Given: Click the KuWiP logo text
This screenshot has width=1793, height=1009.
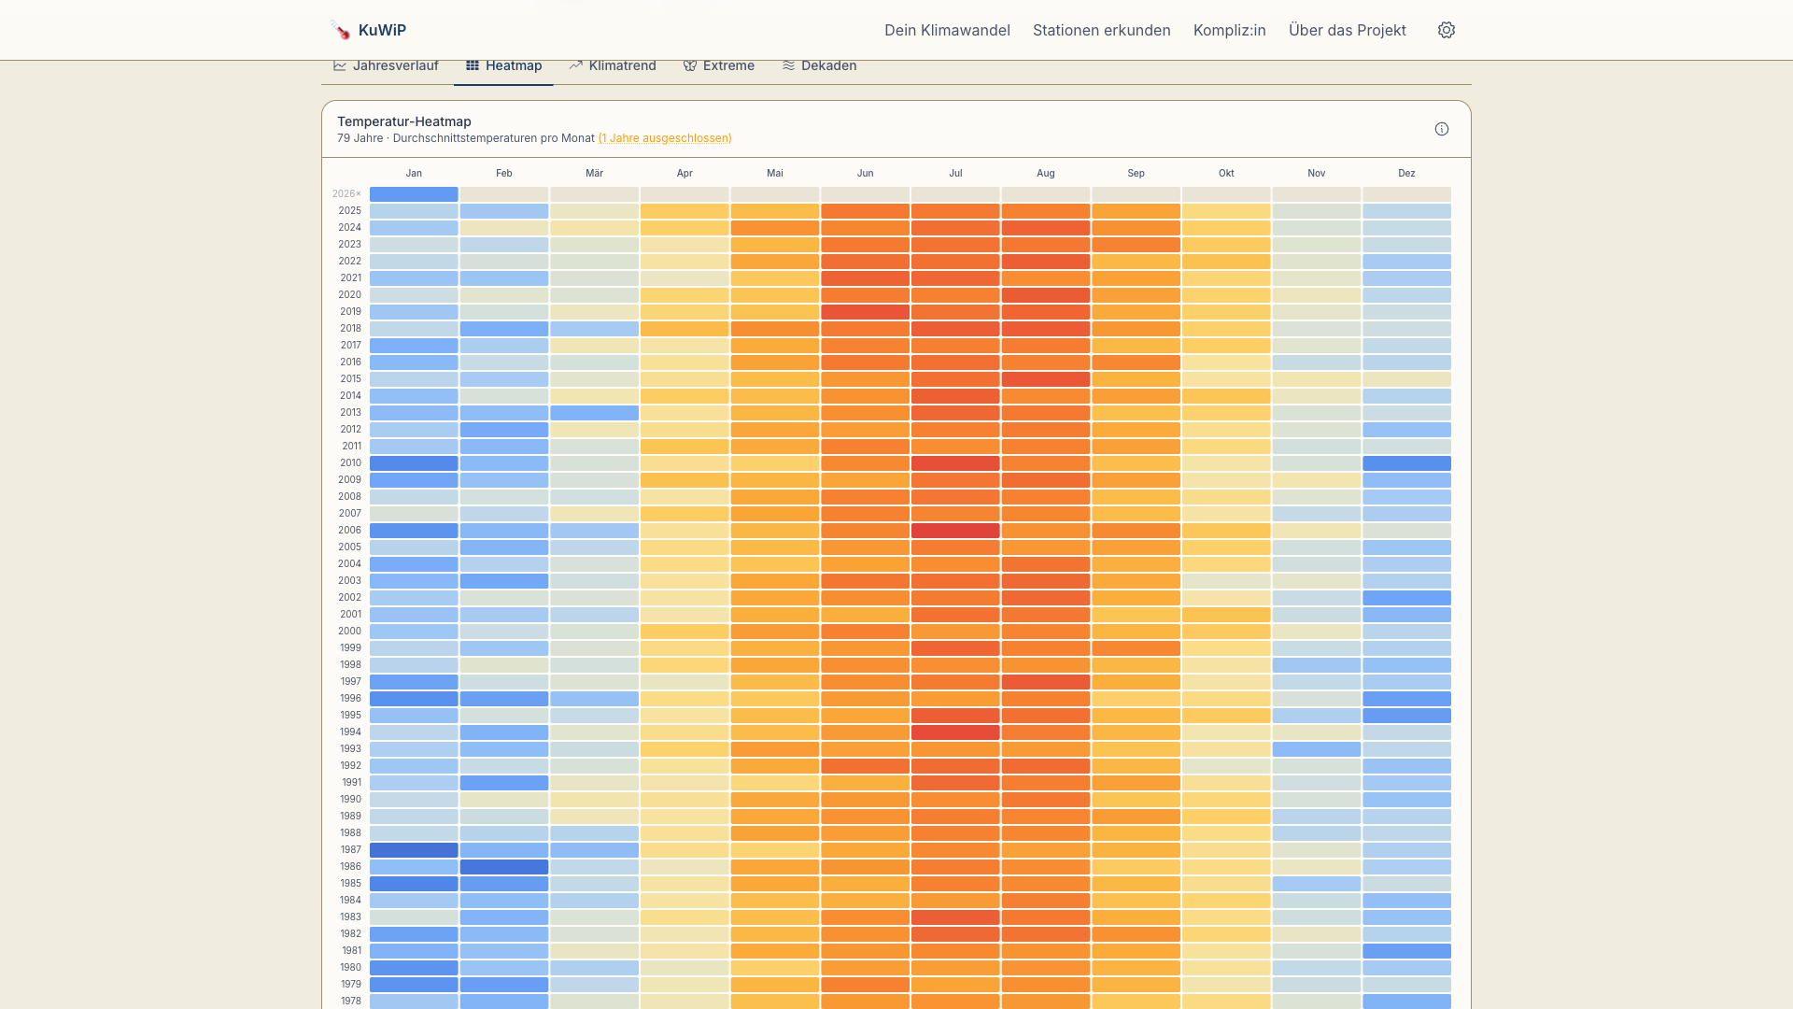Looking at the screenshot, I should coord(381,30).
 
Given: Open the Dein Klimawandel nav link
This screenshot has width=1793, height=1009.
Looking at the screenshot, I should coord(947,30).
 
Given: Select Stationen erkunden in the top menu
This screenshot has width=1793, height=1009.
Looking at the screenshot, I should coord(1101,30).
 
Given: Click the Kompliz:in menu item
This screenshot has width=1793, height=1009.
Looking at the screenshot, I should coord(1229,30).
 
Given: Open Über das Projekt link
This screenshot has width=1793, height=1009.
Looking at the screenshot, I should coord(1347,30).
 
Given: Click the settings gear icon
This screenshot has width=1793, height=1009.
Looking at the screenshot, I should coord(1447,30).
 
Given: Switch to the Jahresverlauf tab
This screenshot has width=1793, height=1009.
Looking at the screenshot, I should coord(386,65).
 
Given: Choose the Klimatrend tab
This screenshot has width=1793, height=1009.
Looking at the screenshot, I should coord(613,65).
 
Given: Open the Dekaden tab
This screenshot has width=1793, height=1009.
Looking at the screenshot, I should coord(819,65).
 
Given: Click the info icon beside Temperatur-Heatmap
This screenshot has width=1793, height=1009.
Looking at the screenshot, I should coord(1442,129).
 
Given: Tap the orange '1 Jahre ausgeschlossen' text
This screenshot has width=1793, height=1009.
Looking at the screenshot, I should coord(665,138).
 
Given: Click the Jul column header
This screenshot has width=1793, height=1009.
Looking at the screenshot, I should coord(955,173).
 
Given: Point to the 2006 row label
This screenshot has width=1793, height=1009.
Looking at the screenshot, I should coord(349,530).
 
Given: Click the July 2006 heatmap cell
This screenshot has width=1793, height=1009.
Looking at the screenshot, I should coord(955,530).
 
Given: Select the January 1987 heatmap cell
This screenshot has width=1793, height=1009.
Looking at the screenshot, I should coord(414,849).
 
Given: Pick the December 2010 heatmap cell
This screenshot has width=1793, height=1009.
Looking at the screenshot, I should coord(1406,462).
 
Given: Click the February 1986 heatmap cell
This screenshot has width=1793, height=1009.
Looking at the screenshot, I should coord(504,866).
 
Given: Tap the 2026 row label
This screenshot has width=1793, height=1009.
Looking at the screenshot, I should coord(346,193).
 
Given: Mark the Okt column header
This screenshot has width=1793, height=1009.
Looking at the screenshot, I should coord(1226,173).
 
